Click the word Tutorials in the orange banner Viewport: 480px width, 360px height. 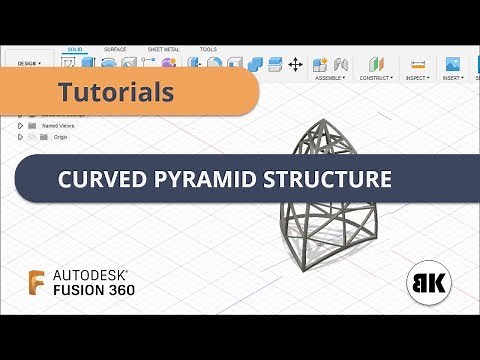tap(116, 93)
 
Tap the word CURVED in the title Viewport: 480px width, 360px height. tap(101, 180)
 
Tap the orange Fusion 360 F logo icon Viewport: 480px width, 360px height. tap(37, 282)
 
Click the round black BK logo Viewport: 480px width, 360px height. tap(428, 282)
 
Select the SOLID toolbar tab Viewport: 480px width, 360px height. tap(75, 49)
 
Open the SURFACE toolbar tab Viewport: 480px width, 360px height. tap(115, 49)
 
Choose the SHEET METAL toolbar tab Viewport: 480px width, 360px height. tap(163, 49)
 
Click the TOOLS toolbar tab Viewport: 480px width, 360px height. tap(208, 49)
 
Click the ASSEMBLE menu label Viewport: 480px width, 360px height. tap(329, 77)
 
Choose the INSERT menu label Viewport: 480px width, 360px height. tap(452, 77)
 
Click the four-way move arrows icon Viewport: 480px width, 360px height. tap(295, 64)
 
